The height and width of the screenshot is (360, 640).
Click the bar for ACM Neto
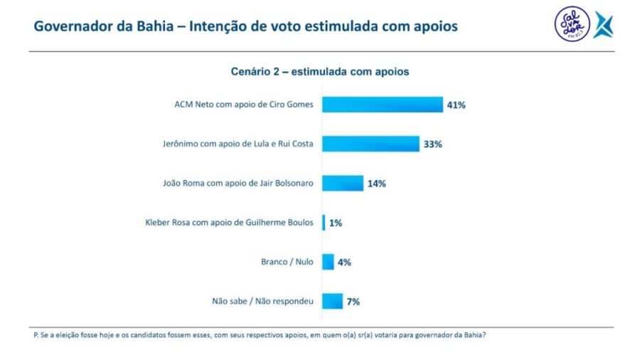(383, 105)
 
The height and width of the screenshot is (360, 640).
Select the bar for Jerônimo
(370, 144)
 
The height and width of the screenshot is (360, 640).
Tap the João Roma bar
(343, 183)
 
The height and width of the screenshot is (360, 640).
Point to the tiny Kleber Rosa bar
(324, 223)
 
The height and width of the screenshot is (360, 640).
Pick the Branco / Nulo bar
(328, 262)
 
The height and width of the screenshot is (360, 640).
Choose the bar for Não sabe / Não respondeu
(332, 301)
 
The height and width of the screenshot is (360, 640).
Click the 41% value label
(456, 105)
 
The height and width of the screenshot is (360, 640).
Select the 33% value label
(433, 144)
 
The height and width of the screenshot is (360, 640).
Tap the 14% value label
(376, 184)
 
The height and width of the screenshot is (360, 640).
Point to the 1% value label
(336, 223)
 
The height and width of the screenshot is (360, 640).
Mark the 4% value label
(344, 262)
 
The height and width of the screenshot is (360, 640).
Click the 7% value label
(353, 302)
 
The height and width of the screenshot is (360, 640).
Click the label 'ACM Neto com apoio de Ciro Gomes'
(244, 105)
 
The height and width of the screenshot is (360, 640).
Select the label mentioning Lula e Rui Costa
(238, 144)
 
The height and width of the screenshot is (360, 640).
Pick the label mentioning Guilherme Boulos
(229, 223)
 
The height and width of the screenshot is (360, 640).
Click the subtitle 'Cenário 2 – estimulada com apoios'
(320, 72)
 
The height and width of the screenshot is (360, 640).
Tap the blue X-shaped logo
(604, 25)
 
